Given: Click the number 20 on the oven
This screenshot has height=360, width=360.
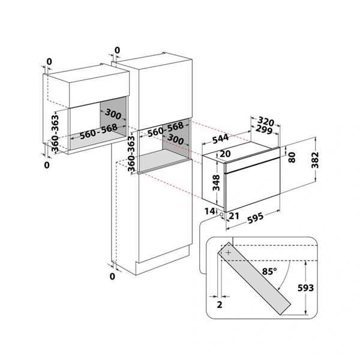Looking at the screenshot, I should coord(226,154).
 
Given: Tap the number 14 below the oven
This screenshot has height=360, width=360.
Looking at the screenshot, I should coord(208,211).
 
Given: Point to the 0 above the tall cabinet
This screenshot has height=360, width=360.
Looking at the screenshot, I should coord(117,50).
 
